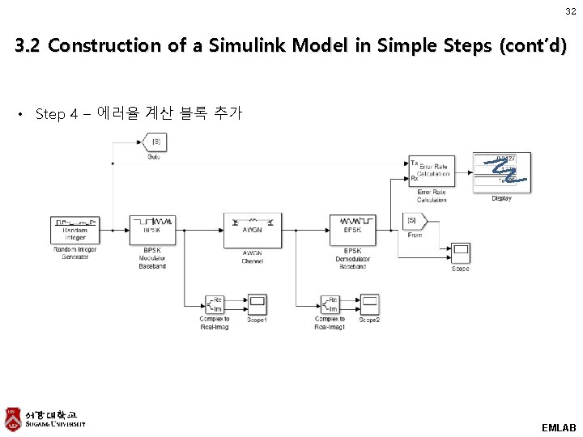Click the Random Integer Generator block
pos(74,230)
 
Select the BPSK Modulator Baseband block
pos(152,230)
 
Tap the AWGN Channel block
pos(252,230)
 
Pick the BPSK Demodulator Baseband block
pos(352,230)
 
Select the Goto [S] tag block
pos(153,142)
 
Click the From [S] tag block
pos(415,220)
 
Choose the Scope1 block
pos(257,304)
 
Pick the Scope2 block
pos(369,304)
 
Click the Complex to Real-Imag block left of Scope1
pos(215,304)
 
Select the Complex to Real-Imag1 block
pos(330,304)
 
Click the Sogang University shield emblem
pos(12,418)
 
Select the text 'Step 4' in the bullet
pos(57,114)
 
